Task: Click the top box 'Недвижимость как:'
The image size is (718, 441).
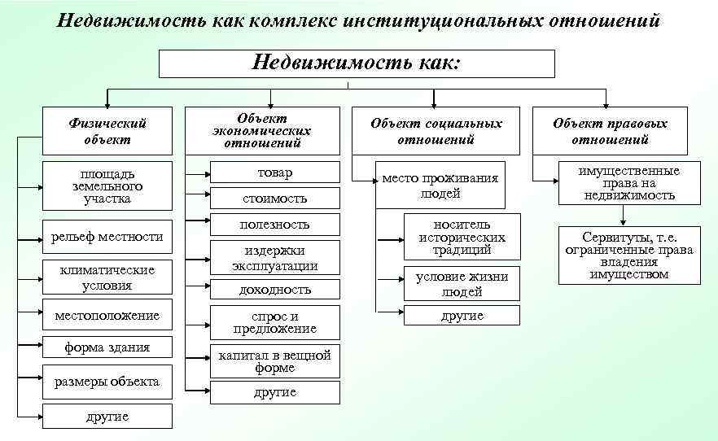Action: click(x=357, y=63)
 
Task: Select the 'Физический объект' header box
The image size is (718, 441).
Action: click(x=107, y=131)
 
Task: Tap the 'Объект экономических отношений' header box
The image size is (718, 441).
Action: click(x=262, y=131)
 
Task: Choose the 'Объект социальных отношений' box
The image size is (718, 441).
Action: click(x=436, y=131)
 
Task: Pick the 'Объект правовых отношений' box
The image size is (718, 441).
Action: click(x=609, y=131)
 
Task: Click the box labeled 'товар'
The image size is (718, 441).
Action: click(x=274, y=172)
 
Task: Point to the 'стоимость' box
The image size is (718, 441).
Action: click(x=274, y=198)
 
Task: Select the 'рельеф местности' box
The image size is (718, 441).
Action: click(x=107, y=237)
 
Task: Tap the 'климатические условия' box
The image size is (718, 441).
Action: click(x=107, y=277)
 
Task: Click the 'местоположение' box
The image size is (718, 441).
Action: click(x=107, y=316)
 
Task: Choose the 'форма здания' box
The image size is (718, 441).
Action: click(x=107, y=348)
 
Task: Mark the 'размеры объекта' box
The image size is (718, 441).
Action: click(x=107, y=382)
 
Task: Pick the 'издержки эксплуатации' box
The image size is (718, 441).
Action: click(x=274, y=258)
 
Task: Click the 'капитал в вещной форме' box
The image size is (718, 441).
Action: click(x=274, y=361)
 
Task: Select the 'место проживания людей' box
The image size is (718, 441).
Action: click(x=440, y=186)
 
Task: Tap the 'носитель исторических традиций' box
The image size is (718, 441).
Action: click(x=462, y=238)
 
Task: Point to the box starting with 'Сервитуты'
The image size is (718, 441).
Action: click(x=628, y=255)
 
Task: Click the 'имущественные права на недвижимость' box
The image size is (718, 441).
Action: click(x=628, y=183)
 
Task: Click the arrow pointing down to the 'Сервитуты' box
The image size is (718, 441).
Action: click(x=624, y=216)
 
